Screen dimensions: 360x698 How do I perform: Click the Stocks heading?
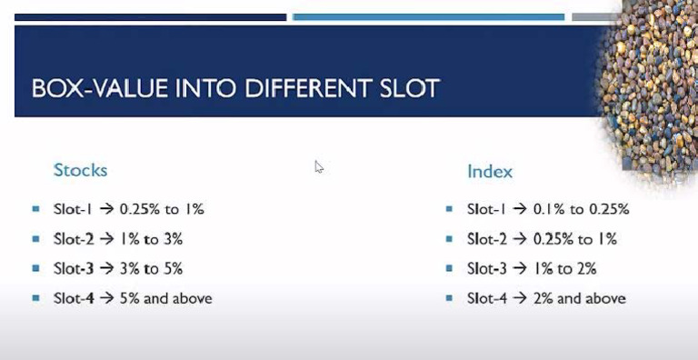[80, 170]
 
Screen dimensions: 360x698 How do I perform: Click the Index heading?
[490, 171]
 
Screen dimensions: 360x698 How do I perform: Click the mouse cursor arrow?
[319, 166]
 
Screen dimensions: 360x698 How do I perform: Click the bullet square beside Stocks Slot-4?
[35, 298]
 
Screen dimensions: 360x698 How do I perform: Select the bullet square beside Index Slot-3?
[449, 268]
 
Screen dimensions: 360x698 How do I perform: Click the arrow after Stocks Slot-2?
[105, 239]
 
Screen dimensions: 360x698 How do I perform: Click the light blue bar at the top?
[428, 16]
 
